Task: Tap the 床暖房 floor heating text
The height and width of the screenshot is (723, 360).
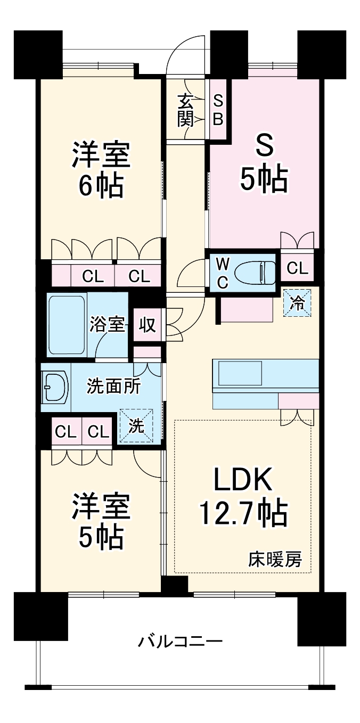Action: point(275,560)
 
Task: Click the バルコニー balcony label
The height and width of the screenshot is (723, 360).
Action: point(180,641)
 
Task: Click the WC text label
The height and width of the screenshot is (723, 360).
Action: point(223,273)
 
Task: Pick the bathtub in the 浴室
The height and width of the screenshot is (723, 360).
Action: point(67,324)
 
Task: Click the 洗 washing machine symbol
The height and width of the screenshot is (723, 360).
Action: point(136,426)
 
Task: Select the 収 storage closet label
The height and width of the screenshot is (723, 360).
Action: point(148,325)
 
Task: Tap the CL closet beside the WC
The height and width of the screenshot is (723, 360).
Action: point(297,269)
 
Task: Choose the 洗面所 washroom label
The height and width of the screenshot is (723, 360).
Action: point(114,385)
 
